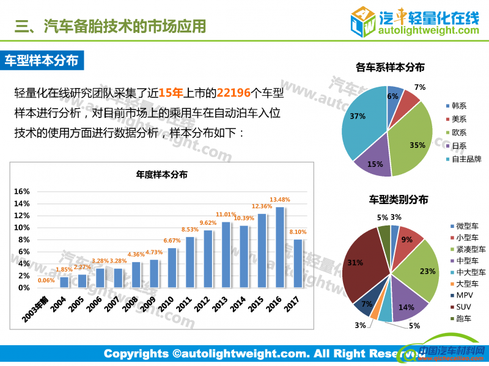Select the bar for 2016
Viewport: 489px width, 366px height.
coord(280,247)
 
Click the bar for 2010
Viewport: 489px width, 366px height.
coord(172,268)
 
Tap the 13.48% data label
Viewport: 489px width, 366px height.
coord(280,200)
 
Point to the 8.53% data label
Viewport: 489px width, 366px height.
coord(190,230)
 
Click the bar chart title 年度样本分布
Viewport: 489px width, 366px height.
coord(161,175)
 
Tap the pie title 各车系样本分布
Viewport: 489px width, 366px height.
coord(389,67)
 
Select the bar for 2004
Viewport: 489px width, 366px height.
coord(64,282)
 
